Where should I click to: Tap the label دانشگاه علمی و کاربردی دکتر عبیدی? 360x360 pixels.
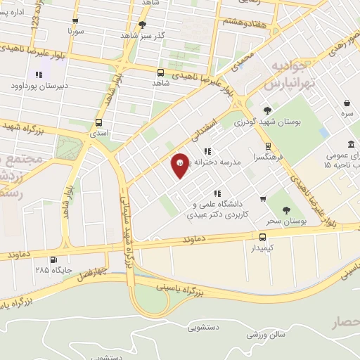(x=217, y=209)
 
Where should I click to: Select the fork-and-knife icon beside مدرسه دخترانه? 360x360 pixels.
(x=206, y=150)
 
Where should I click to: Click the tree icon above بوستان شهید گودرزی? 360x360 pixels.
(x=267, y=110)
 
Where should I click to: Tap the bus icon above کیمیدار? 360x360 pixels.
(x=262, y=237)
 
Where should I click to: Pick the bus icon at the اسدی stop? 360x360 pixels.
(x=95, y=120)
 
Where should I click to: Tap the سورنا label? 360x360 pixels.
(x=75, y=31)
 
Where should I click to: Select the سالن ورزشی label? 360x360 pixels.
(x=265, y=334)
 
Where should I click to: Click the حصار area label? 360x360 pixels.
(x=345, y=323)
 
